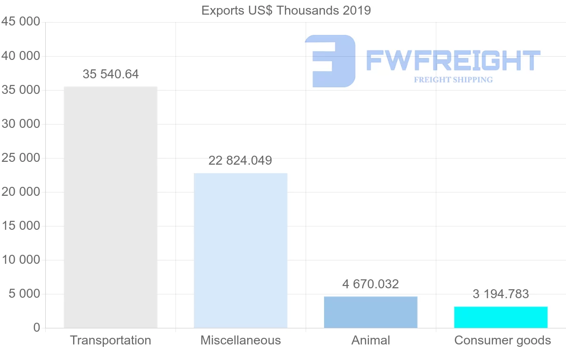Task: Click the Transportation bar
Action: [110, 207]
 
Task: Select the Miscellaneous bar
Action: [241, 250]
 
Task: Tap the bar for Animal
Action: [371, 312]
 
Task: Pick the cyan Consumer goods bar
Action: [501, 317]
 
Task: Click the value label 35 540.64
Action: [111, 74]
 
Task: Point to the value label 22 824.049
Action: [241, 160]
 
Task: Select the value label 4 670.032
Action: [371, 284]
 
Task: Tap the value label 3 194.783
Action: [501, 294]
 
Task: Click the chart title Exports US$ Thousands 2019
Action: [286, 10]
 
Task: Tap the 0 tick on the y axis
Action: [37, 328]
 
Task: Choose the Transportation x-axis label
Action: [110, 340]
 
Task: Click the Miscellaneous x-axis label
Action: [241, 340]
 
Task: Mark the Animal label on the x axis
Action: [371, 340]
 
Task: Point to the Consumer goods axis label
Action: [502, 340]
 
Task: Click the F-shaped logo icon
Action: [330, 61]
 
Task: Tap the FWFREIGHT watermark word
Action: [453, 61]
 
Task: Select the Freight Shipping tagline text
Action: [453, 80]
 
